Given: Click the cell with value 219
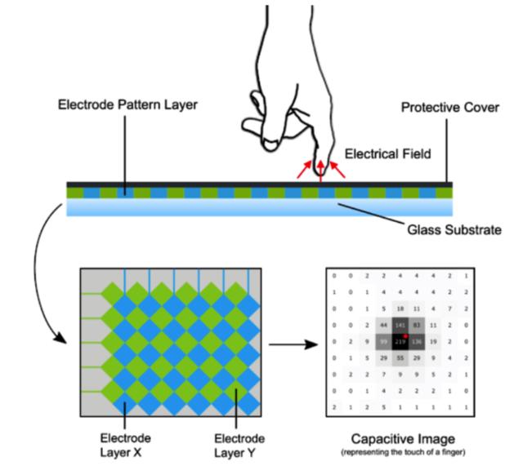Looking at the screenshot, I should click(400, 340).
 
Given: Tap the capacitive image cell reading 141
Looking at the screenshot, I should click(400, 325).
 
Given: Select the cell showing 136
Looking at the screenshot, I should click(417, 340).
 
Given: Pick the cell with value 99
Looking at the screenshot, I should click(383, 340).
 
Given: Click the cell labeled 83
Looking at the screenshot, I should click(417, 325).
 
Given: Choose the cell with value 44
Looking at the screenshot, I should click(383, 325).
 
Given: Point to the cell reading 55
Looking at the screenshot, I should click(400, 357).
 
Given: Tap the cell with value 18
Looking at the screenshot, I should click(400, 308).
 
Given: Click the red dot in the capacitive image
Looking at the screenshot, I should click(405, 335).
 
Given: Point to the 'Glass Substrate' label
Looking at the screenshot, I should click(453, 230).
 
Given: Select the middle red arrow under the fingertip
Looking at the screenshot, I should click(321, 171).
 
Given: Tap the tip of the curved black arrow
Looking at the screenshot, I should click(68, 342).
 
